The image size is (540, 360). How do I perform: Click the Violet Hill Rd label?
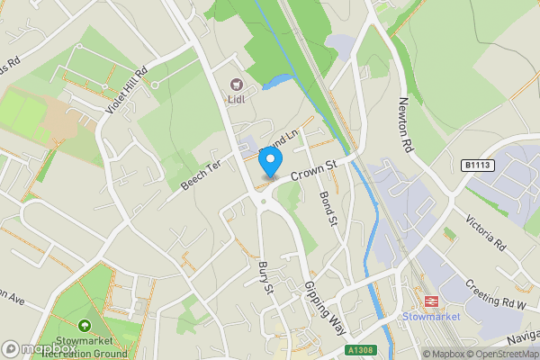click(x=126, y=92)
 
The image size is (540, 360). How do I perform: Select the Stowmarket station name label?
click(x=430, y=317)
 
